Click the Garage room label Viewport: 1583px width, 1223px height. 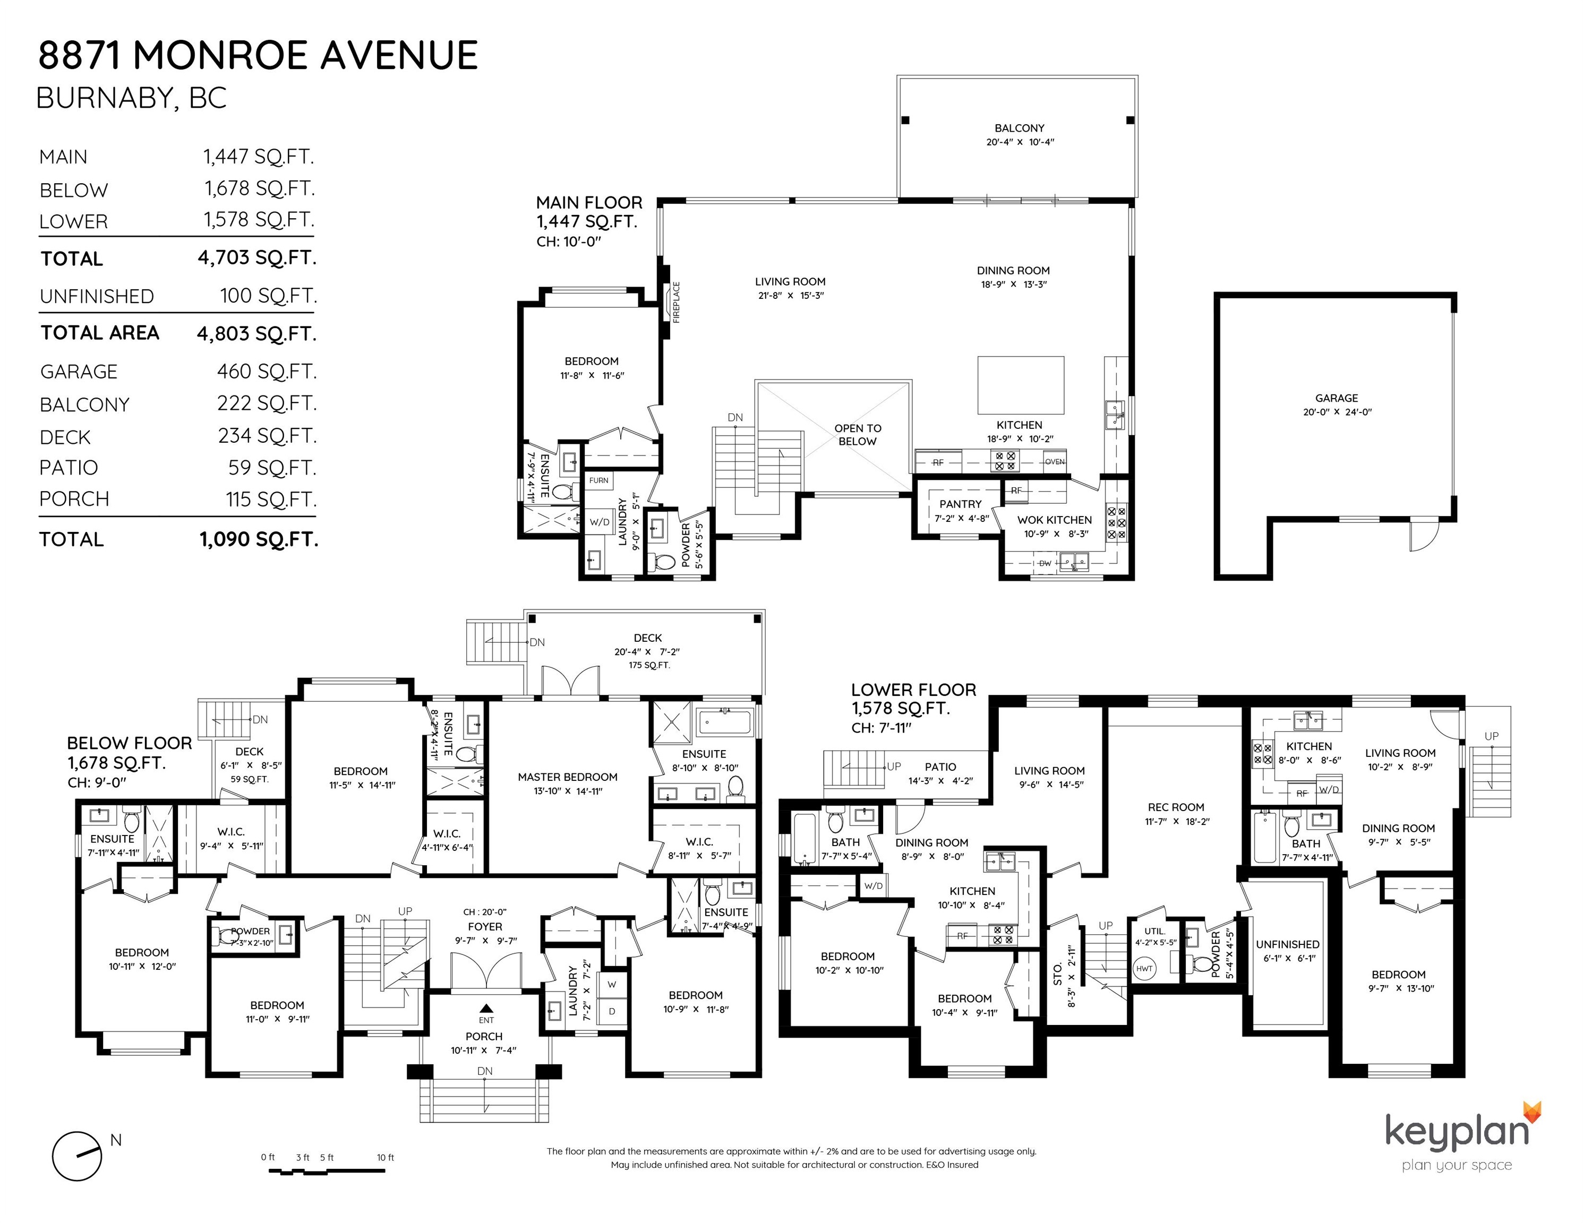(x=1337, y=398)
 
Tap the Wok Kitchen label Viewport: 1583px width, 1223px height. (x=1054, y=520)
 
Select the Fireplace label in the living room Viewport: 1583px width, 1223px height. (x=676, y=302)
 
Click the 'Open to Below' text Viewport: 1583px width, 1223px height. (x=858, y=435)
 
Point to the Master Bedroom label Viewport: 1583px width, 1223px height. (x=568, y=777)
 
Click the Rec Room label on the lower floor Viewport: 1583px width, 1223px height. (x=1176, y=807)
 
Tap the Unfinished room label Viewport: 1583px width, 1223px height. (x=1287, y=944)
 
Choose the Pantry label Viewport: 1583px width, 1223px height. (x=961, y=504)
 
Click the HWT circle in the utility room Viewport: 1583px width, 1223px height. (x=1144, y=969)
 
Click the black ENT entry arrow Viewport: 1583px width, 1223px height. (x=486, y=1007)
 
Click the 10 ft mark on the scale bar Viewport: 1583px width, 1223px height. (x=385, y=1157)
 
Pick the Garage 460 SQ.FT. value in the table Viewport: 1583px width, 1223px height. (x=267, y=372)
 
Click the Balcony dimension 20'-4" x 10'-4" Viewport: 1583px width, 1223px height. (x=1020, y=142)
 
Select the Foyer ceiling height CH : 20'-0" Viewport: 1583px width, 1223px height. (x=485, y=912)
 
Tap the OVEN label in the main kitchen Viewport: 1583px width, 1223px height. (x=1055, y=461)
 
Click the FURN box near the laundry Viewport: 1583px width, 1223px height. (x=598, y=480)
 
